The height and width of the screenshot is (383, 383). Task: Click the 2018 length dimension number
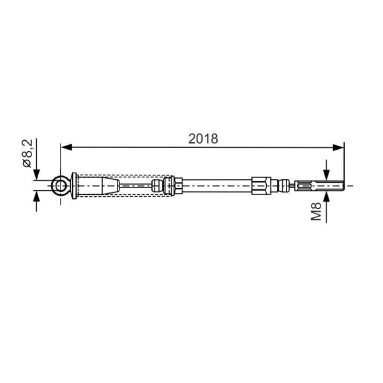pos(203,139)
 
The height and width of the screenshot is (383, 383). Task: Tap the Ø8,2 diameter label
pos(27,153)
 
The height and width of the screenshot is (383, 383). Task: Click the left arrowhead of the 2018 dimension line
pos(66,147)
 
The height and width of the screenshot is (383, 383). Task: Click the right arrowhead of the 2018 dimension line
pos(338,147)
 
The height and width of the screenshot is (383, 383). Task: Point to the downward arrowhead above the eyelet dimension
pos(36,175)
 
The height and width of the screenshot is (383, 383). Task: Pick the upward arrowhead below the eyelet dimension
pos(36,197)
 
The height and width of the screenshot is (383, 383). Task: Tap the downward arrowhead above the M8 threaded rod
pos(327,175)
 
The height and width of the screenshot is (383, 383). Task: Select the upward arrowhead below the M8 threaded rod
pos(327,197)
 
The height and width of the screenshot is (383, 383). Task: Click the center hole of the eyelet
pos(60,186)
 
